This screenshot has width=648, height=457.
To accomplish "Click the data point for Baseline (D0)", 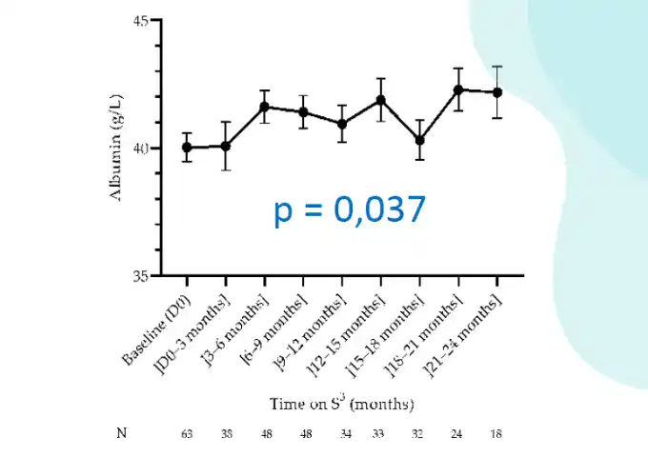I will pyautogui.click(x=187, y=148).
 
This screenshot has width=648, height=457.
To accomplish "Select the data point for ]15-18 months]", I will pyautogui.click(x=419, y=140).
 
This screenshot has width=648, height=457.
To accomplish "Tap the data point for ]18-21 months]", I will pyautogui.click(x=458, y=89).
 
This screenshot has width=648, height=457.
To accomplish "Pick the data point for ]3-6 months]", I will pyautogui.click(x=265, y=107).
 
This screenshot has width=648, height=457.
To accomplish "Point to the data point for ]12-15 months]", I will pyautogui.click(x=381, y=100).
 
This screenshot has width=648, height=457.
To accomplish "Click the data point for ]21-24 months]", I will pyautogui.click(x=496, y=92).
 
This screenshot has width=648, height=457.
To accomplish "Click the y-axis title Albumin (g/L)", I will pyautogui.click(x=116, y=148).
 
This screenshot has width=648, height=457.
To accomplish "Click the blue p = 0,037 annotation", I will pyautogui.click(x=349, y=210).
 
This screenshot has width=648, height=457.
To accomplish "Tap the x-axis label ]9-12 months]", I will pyautogui.click(x=311, y=328).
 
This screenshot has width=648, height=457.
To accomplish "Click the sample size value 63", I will pyautogui.click(x=187, y=434).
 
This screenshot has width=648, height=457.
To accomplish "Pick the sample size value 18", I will pyautogui.click(x=496, y=434).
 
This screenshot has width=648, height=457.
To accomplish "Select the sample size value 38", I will pyautogui.click(x=226, y=434).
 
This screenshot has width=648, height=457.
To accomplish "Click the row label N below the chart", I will pyautogui.click(x=121, y=433).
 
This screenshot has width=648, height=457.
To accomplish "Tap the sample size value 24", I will pyautogui.click(x=458, y=434).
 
